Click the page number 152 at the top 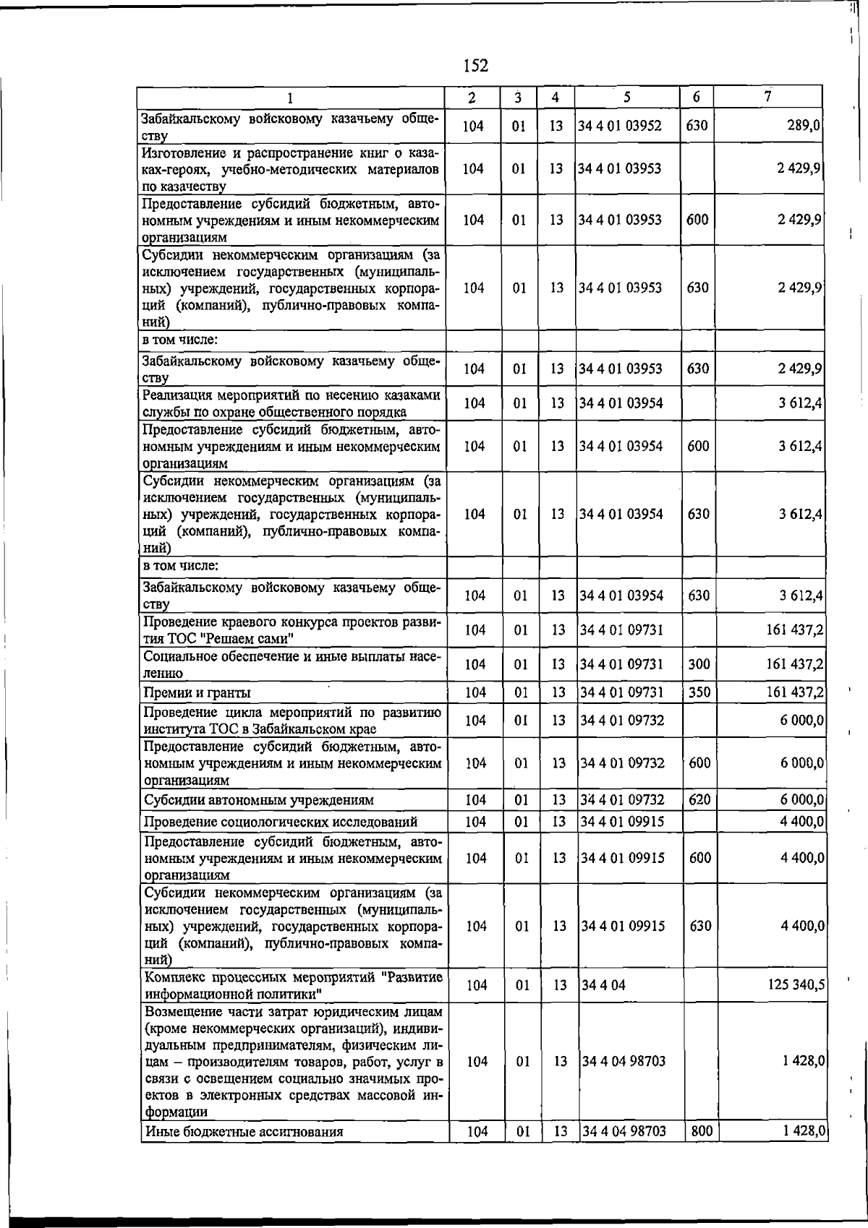[x=475, y=66]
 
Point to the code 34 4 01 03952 [x=620, y=126]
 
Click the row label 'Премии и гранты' [x=197, y=693]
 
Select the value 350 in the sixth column [x=699, y=692]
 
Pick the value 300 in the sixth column [x=699, y=664]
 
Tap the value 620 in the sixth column [x=699, y=799]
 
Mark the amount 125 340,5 [x=796, y=984]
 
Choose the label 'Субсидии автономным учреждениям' [x=259, y=800]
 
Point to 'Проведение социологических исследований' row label [x=281, y=822]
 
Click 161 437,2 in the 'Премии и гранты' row [x=795, y=692]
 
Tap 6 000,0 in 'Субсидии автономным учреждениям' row [x=802, y=799]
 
